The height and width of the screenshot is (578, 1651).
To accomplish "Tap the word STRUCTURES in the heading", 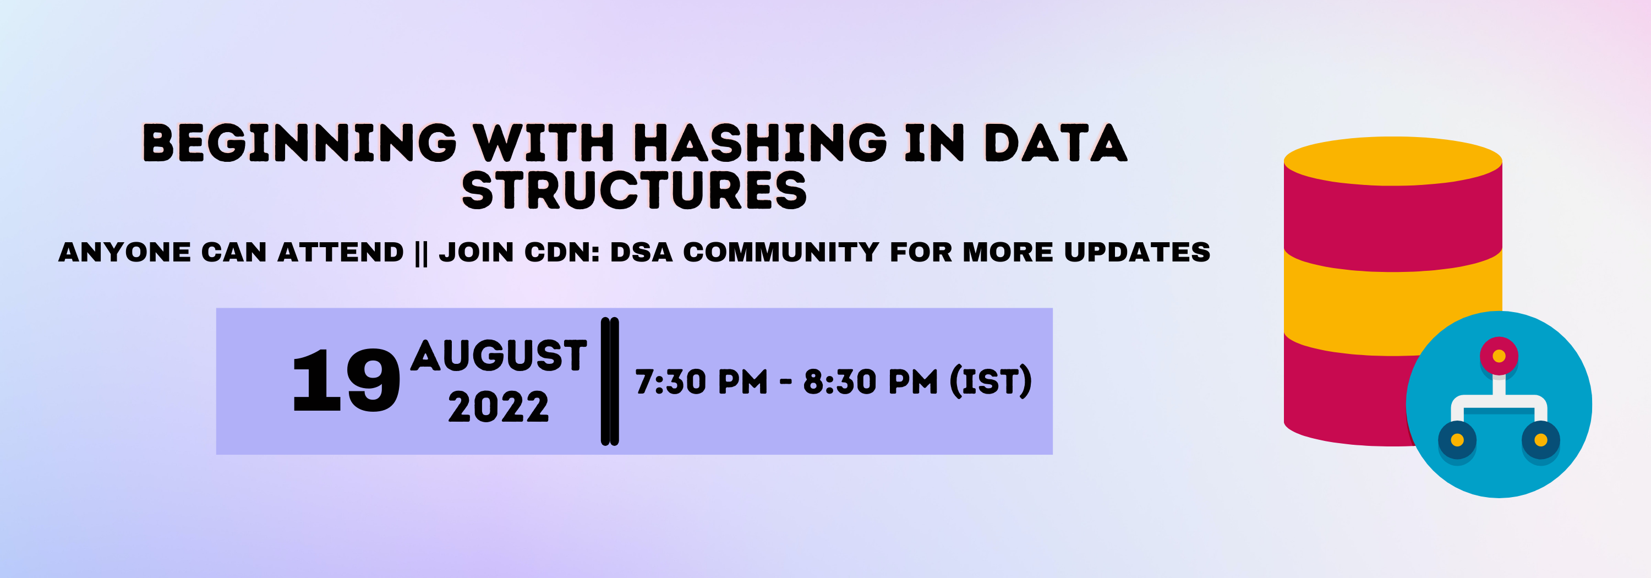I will click(x=634, y=190).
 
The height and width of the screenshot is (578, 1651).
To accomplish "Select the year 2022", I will click(x=499, y=407).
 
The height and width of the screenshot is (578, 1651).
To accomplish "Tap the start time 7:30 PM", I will click(x=701, y=382).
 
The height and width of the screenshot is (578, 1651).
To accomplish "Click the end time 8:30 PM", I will click(x=871, y=382).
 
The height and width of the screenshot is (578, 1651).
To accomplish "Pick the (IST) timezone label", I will click(x=991, y=382).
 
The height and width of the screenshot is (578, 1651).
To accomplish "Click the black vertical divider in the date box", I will click(x=610, y=381).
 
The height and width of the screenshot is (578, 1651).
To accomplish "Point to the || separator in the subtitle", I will click(x=421, y=253).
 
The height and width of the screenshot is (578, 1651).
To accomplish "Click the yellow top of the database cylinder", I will click(x=1393, y=161).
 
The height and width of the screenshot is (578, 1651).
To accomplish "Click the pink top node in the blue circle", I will click(x=1499, y=356).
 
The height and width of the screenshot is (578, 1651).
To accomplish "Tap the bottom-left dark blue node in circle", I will click(x=1457, y=440).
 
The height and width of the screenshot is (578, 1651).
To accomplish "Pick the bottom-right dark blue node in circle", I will click(x=1541, y=440).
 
